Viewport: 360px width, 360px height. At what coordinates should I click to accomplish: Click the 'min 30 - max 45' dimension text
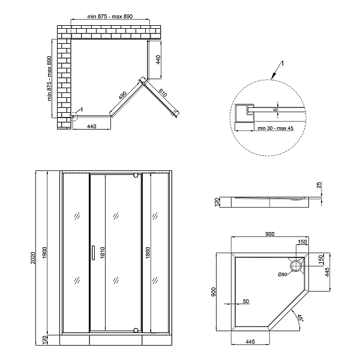(275, 127)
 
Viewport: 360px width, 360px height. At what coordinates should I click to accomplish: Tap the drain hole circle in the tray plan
(296, 265)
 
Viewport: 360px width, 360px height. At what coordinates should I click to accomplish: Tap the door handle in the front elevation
(93, 253)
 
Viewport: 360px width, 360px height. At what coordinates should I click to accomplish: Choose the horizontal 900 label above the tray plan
(269, 233)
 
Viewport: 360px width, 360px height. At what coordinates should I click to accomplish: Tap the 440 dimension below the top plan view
(92, 127)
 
